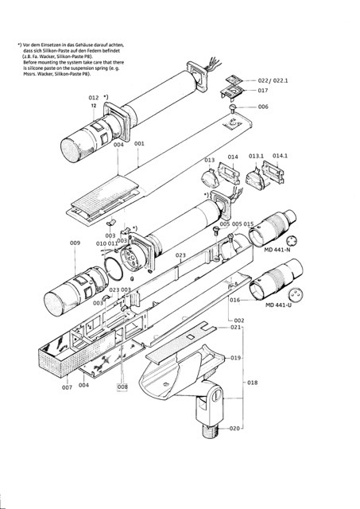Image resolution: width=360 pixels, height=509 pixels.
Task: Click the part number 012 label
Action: (x=94, y=98)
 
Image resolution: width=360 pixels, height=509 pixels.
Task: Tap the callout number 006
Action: (x=263, y=107)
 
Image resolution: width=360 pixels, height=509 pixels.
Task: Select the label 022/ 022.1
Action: (x=273, y=81)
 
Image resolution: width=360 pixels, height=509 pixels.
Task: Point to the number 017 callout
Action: (x=263, y=91)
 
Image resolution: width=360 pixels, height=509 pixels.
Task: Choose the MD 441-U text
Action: (x=279, y=305)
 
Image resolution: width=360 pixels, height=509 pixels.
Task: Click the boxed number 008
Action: (x=122, y=387)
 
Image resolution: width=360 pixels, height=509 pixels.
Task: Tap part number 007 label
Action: (x=67, y=387)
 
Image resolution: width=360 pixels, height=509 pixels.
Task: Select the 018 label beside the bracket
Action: (x=253, y=383)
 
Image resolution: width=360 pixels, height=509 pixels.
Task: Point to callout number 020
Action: (x=234, y=429)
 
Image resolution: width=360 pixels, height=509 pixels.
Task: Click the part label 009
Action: (x=75, y=243)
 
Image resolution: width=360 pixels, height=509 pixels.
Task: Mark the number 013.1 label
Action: (x=256, y=156)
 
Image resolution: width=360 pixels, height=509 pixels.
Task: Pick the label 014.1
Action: (x=280, y=156)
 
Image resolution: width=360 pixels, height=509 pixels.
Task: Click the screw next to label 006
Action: (x=232, y=109)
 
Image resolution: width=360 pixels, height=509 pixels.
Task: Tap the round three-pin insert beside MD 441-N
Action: (x=292, y=241)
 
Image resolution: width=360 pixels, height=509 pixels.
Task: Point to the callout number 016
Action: (x=234, y=300)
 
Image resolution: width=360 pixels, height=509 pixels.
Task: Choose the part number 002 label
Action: (x=239, y=321)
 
